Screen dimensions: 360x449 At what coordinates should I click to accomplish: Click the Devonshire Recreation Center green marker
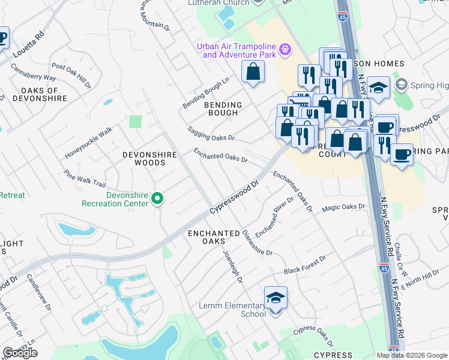(157, 197)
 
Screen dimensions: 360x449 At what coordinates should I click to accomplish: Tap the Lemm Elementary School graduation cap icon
(276, 298)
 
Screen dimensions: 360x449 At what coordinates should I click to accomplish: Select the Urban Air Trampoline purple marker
(285, 49)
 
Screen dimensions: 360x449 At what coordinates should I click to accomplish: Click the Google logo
(20, 353)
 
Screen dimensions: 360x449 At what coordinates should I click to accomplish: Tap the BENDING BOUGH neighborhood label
(223, 109)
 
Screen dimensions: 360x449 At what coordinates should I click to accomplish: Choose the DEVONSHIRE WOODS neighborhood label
(149, 158)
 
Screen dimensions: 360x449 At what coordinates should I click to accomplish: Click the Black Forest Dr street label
(304, 265)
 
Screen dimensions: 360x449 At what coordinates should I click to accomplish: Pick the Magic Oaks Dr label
(343, 208)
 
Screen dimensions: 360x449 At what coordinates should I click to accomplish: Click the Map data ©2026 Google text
(412, 355)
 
